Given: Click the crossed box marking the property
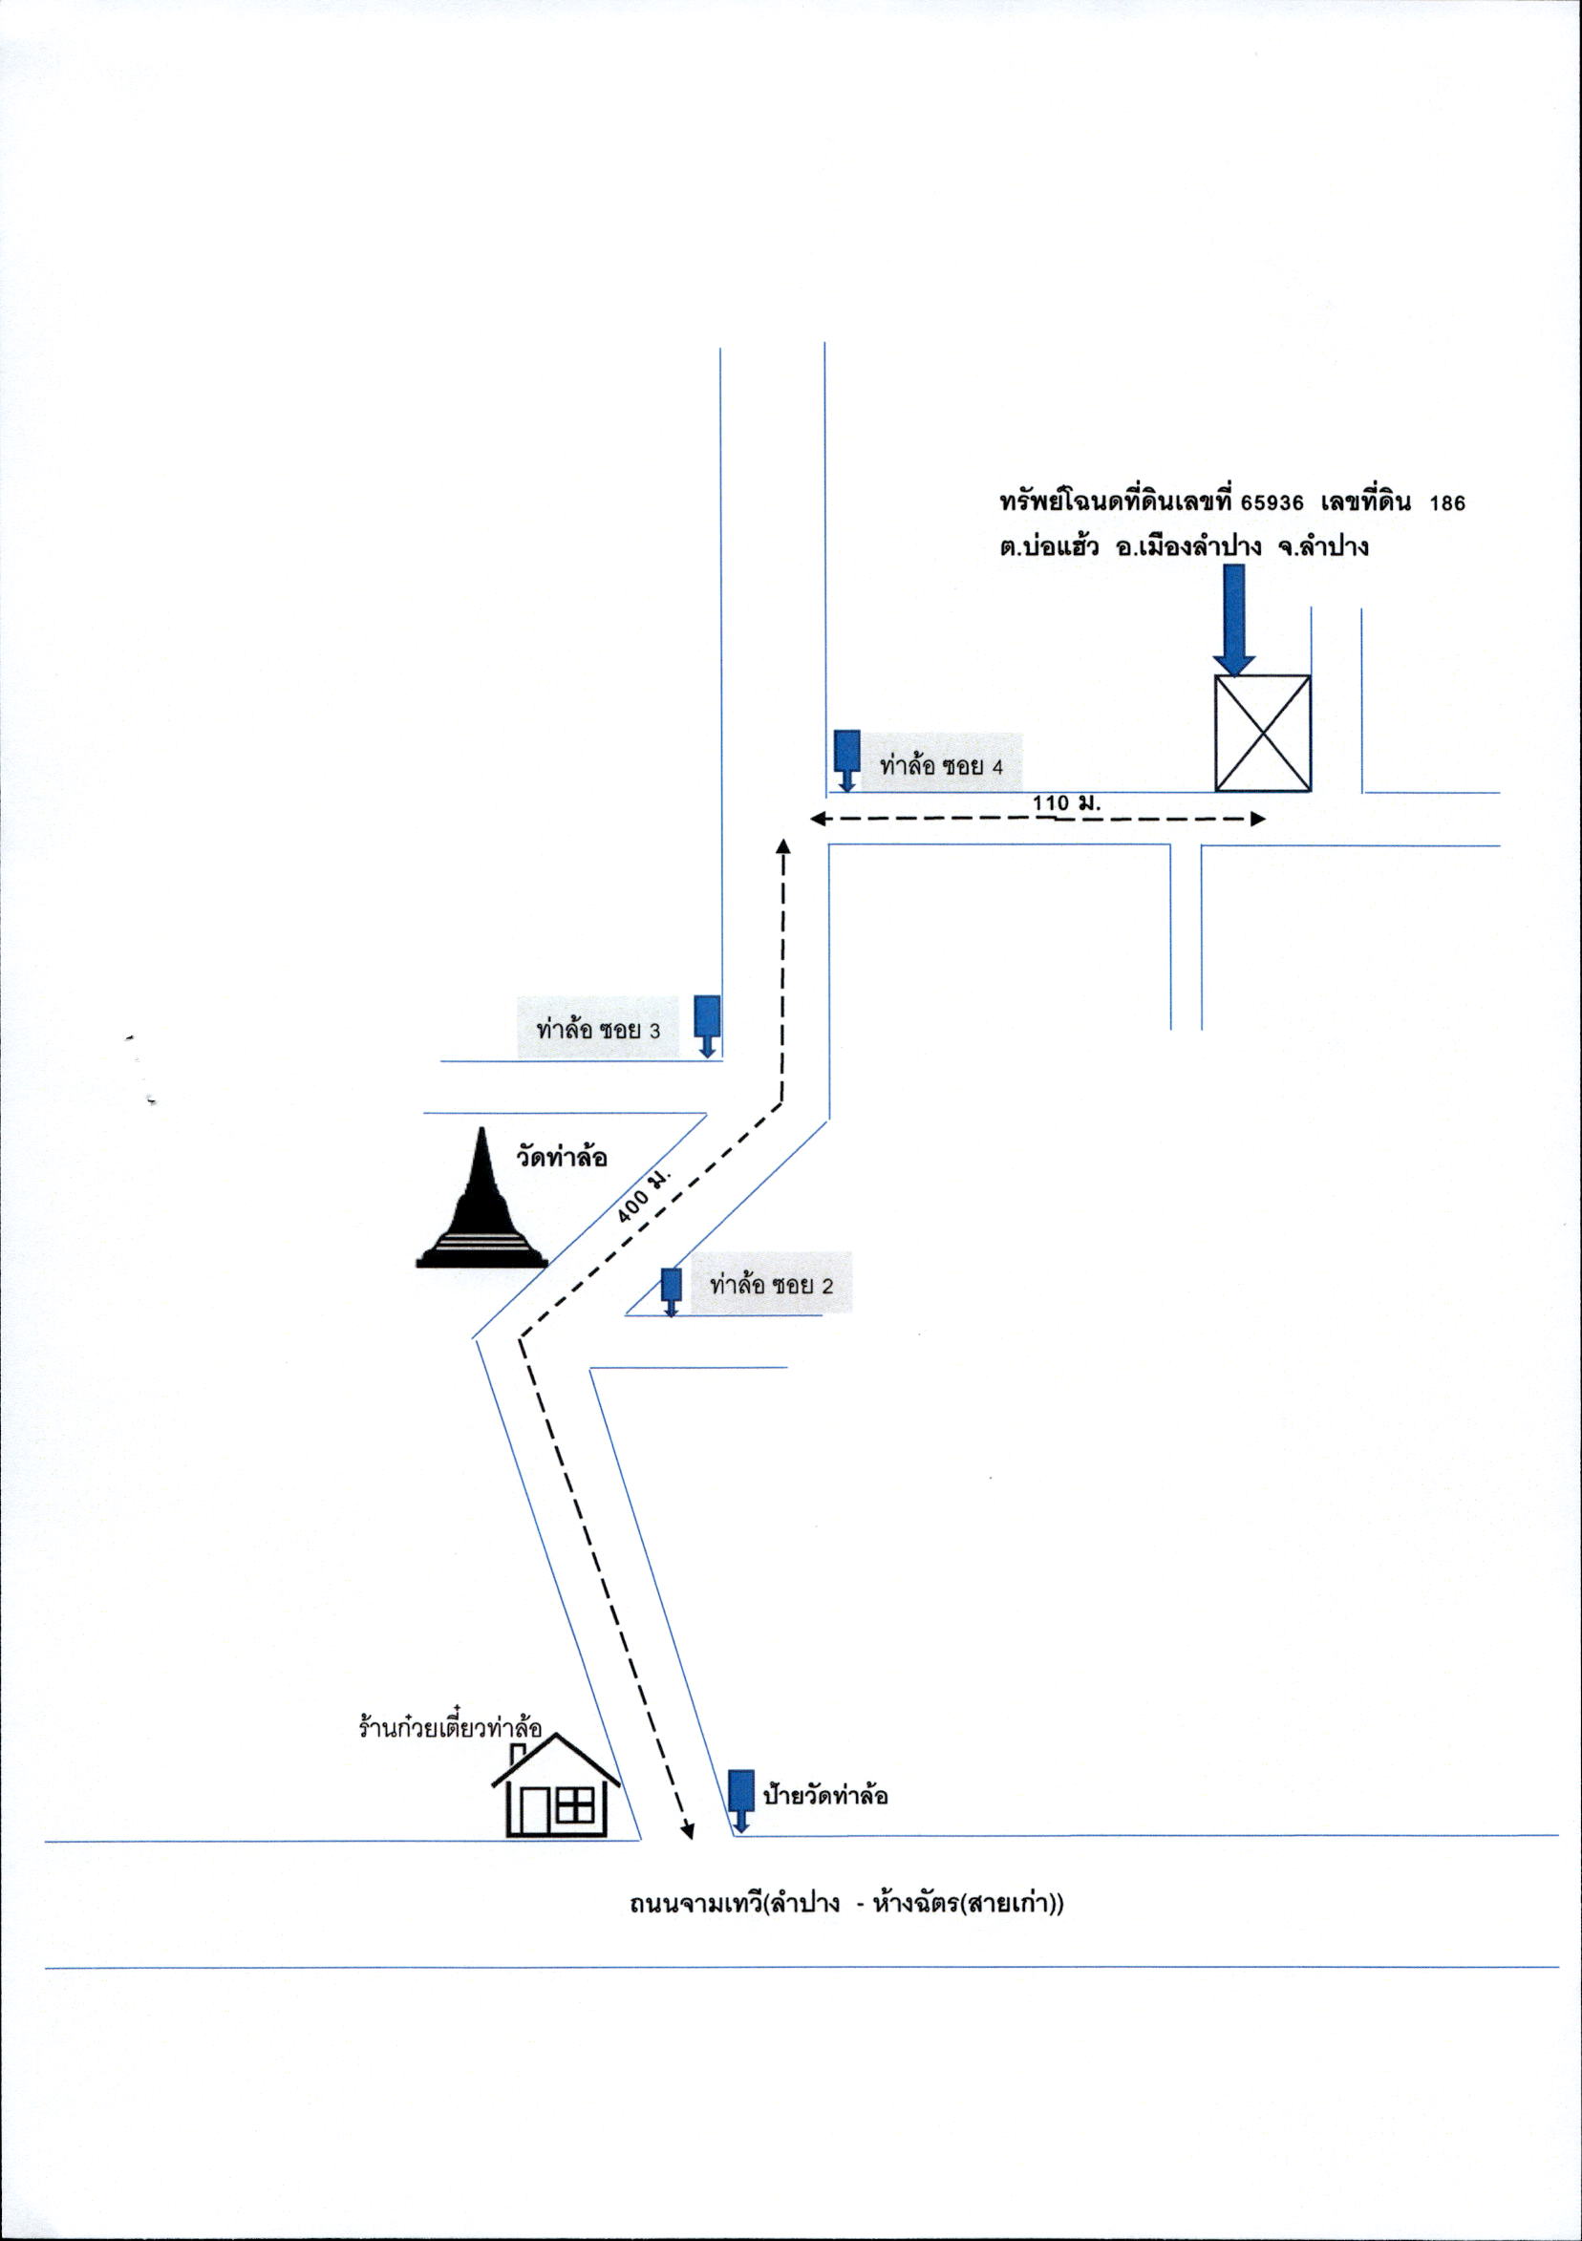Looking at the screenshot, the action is tap(1262, 732).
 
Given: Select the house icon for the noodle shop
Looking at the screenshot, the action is tap(554, 1785).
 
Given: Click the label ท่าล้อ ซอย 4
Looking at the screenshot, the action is tap(941, 766).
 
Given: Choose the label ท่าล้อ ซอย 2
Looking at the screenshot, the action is tap(772, 1285).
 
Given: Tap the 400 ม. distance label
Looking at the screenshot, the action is tap(647, 1194).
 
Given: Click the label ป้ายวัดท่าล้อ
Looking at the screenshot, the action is tap(825, 1796).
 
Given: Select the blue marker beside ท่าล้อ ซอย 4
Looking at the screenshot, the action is tap(847, 760).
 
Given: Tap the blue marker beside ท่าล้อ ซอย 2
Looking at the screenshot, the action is tap(671, 1292).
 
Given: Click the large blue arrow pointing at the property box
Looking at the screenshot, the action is tap(1234, 620).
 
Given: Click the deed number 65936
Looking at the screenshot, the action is tap(1273, 503).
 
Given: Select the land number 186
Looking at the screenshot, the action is tap(1446, 503).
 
